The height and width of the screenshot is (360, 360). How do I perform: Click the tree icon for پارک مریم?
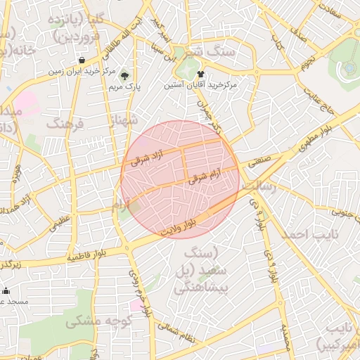click(x=125, y=75)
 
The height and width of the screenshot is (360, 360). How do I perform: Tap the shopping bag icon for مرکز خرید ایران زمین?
click(x=84, y=60)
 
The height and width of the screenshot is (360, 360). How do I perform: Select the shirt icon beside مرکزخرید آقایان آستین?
click(x=201, y=72)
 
